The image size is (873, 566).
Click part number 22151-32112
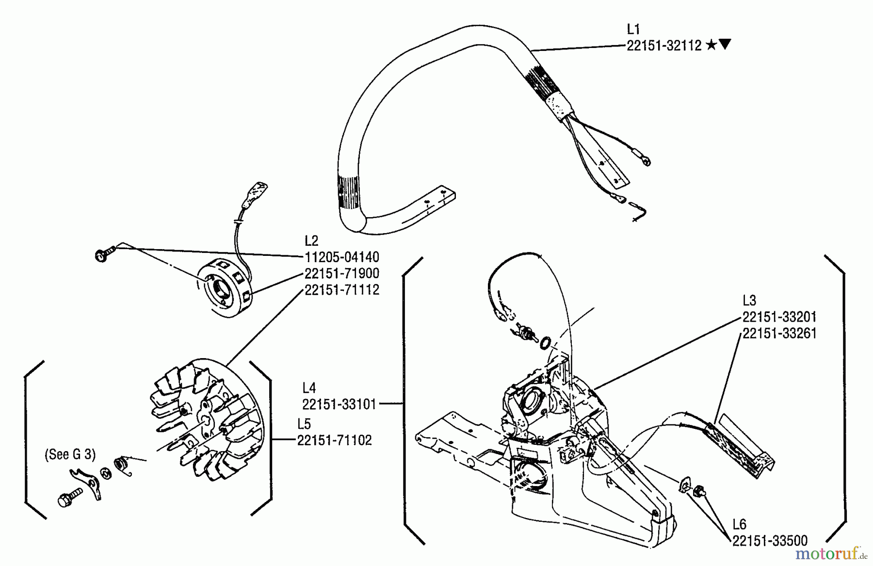tap(663, 46)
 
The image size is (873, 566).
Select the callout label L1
tap(633, 29)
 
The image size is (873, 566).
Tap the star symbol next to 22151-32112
tap(711, 45)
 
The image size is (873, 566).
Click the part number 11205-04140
tap(341, 257)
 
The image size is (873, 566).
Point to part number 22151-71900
tap(341, 273)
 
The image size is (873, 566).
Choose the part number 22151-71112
tap(341, 290)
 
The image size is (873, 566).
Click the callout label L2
tap(311, 241)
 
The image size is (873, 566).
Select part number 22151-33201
tap(779, 317)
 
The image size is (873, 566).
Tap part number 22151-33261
tap(779, 333)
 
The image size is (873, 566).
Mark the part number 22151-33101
tap(339, 404)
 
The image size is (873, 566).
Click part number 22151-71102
tap(334, 440)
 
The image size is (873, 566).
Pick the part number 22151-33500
tap(770, 540)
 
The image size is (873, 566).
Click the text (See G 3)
tap(70, 455)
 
